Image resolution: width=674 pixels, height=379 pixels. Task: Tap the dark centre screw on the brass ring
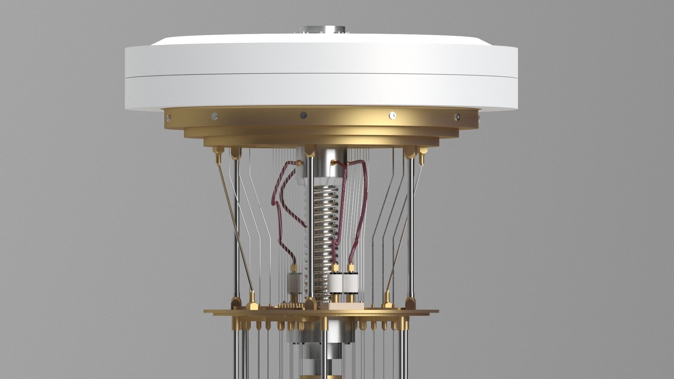click(304, 115)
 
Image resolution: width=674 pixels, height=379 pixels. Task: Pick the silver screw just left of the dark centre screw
click(214, 116)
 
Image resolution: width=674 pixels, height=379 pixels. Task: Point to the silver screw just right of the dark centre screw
click(393, 115)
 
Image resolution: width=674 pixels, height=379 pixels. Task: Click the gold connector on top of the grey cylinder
click(294, 268)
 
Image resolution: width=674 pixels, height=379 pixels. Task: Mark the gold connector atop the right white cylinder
click(350, 268)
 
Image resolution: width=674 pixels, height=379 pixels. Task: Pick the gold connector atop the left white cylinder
click(336, 268)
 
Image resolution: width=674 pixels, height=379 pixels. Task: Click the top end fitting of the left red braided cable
click(298, 163)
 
